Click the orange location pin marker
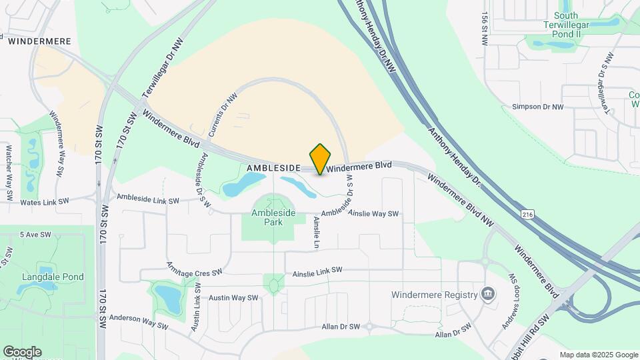[x=321, y=159]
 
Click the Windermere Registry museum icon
[x=488, y=294]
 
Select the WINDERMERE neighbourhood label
[x=39, y=41]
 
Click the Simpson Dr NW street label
[x=537, y=107]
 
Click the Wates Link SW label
[x=45, y=201]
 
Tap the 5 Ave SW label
[x=35, y=235]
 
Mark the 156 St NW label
[x=485, y=28]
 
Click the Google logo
[x=22, y=351]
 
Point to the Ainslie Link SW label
[x=317, y=270]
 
